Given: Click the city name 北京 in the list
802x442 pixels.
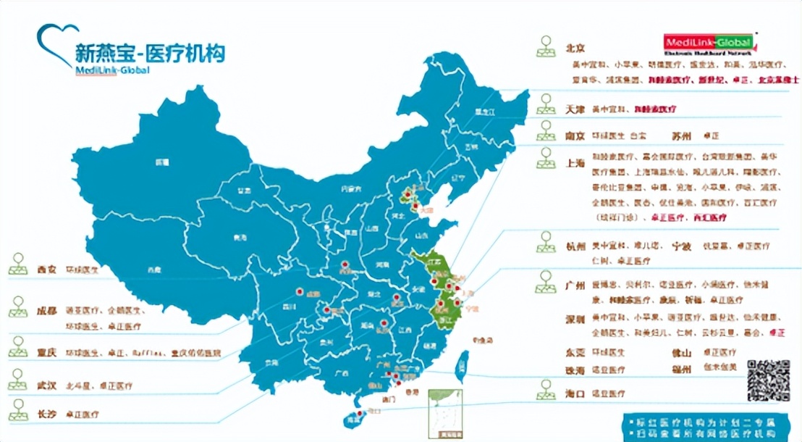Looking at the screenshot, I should click(574, 48).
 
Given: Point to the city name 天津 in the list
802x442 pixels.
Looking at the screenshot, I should click(574, 109).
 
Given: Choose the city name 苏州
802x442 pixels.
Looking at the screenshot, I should click(682, 135).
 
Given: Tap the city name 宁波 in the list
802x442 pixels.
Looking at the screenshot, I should click(682, 246).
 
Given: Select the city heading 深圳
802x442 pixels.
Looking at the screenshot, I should click(575, 319).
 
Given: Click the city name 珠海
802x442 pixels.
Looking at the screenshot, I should click(575, 370).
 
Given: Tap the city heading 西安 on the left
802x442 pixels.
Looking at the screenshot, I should click(47, 270).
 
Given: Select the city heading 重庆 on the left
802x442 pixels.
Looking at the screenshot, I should click(47, 353).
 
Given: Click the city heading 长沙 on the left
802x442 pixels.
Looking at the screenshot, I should click(47, 414).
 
